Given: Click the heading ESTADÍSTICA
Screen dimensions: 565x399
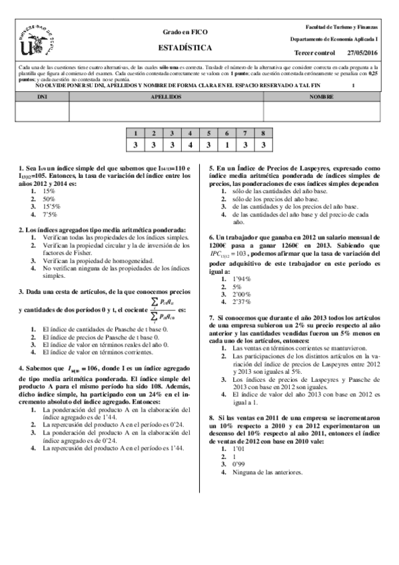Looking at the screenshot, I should coord(185,48).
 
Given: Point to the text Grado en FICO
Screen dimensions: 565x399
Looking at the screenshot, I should coord(185,32).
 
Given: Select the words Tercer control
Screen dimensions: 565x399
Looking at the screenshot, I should coord(314,52).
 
